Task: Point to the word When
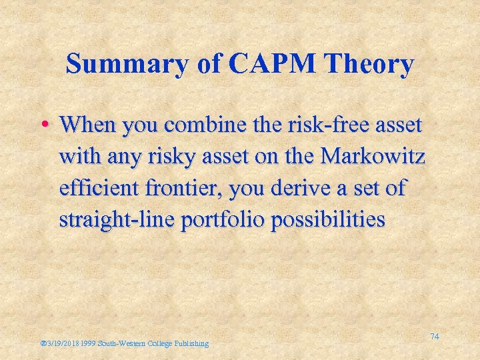coord(87,124)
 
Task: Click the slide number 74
coord(434,337)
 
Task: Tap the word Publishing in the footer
coord(192,343)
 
